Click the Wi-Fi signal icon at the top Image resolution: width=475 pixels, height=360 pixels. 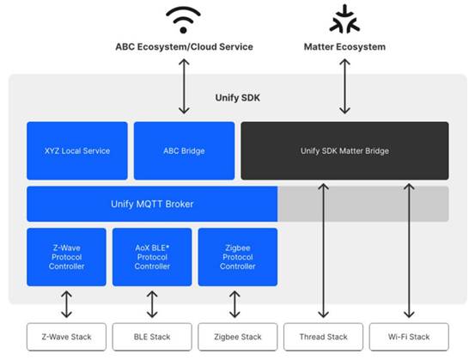pos(183,20)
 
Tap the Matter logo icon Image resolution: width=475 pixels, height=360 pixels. pos(344,20)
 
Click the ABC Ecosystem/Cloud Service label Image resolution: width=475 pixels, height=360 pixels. pos(184,47)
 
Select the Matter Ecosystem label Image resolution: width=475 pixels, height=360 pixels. pos(344,47)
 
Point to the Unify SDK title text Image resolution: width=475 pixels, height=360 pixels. pos(237,98)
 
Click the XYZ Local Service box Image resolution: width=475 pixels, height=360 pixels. pos(77,150)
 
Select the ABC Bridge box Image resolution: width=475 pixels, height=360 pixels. pos(184,150)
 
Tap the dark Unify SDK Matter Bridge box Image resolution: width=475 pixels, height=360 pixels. pos(344,150)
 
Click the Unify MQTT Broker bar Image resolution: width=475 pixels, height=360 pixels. pos(152,204)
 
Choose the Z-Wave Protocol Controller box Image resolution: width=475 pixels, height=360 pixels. pos(66,257)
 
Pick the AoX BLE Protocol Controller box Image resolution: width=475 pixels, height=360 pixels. pos(152,257)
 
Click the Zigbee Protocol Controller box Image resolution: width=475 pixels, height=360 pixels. pos(238,257)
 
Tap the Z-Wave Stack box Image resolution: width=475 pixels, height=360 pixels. pos(66,337)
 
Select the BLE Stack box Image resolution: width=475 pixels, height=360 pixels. pos(152,337)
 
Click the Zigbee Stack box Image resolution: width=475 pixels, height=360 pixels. pos(238,337)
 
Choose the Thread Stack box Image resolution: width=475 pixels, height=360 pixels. pos(323,337)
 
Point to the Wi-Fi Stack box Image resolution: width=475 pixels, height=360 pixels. pos(409,337)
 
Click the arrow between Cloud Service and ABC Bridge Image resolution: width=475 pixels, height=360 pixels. pos(184,87)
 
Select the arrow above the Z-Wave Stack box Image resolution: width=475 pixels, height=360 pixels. pos(66,304)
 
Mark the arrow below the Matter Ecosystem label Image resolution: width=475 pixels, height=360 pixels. pos(344,87)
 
